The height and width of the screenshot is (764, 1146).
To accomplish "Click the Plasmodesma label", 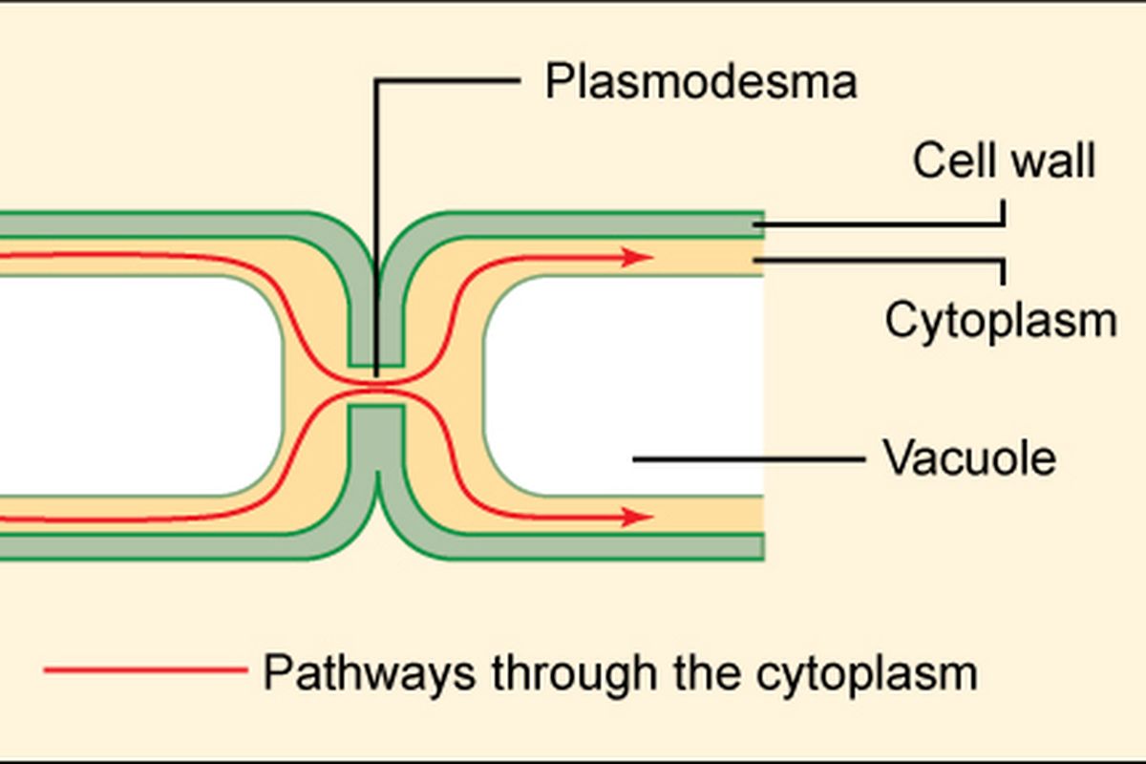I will (x=700, y=82).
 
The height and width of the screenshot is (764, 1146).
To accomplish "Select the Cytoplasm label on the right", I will (x=1000, y=320).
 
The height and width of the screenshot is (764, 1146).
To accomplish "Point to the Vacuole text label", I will (x=969, y=458).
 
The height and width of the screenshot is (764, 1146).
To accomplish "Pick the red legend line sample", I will (x=143, y=671).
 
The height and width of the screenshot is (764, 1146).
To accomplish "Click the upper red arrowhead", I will (x=638, y=257).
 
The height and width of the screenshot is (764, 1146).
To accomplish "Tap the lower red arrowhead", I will (x=638, y=518).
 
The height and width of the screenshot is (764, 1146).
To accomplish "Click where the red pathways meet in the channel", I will (x=376, y=386).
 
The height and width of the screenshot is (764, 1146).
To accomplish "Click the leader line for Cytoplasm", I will (x=879, y=259).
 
